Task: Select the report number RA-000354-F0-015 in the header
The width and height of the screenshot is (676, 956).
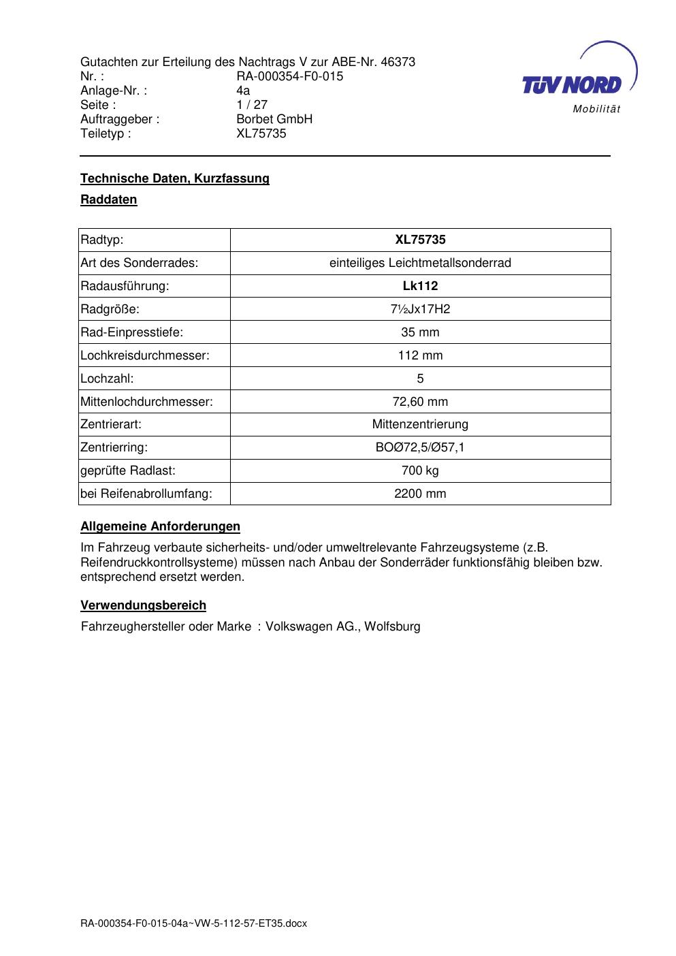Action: tap(289, 76)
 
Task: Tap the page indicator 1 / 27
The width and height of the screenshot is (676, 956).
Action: tap(252, 105)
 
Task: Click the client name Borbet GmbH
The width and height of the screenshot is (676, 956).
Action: tap(274, 119)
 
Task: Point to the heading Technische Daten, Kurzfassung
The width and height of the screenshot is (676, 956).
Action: tap(175, 178)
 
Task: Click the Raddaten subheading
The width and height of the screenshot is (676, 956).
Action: tap(109, 200)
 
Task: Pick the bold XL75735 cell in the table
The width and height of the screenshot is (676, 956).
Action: tap(420, 240)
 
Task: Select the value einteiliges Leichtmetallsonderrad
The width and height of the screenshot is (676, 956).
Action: tap(420, 263)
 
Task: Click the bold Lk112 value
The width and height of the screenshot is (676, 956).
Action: tap(420, 286)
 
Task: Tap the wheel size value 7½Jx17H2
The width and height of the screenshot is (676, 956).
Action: tap(420, 309)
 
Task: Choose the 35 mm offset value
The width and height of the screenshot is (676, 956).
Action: tap(420, 332)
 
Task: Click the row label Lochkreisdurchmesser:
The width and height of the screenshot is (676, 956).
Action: tap(145, 355)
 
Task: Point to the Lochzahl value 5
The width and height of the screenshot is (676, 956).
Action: tap(420, 379)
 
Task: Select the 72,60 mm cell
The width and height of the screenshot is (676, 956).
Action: tap(420, 402)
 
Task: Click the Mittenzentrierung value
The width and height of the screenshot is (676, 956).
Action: tap(420, 424)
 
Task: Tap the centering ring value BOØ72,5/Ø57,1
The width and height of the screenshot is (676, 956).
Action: tap(420, 447)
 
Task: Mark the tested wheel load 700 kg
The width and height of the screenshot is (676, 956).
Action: tap(420, 471)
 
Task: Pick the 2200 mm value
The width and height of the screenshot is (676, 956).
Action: tap(420, 494)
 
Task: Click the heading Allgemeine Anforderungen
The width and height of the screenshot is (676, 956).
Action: tap(160, 526)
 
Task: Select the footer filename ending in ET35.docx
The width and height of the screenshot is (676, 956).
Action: tap(194, 923)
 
